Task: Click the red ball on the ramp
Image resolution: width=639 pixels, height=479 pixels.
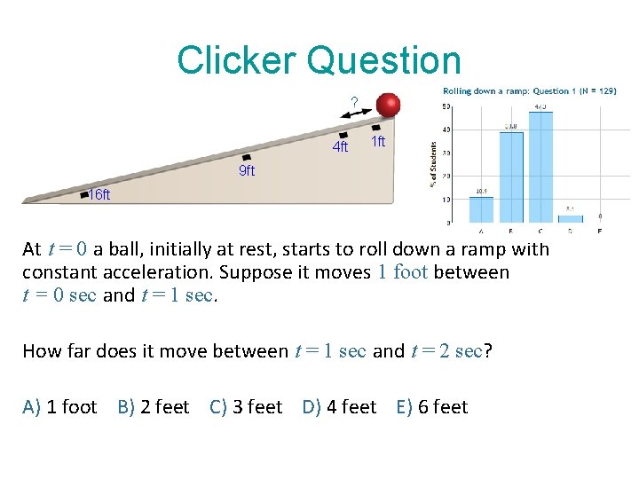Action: tap(388, 105)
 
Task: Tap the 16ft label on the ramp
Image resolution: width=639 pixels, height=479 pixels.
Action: tap(99, 195)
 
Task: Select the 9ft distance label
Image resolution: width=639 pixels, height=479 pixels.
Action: tap(247, 171)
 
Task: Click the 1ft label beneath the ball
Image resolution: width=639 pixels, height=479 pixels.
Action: tap(378, 142)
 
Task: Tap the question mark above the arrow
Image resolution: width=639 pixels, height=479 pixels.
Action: tap(354, 103)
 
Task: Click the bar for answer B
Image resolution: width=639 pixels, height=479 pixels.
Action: tap(511, 177)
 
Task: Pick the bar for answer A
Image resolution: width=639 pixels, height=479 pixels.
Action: tap(481, 209)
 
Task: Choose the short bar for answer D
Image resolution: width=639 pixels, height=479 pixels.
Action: tap(570, 216)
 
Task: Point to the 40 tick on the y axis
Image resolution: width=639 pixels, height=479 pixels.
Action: tap(446, 130)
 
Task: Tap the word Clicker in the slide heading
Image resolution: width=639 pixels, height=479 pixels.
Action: tap(236, 60)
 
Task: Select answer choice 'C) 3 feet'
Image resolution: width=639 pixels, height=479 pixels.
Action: tap(246, 407)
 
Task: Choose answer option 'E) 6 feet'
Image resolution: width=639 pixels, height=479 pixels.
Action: tap(432, 407)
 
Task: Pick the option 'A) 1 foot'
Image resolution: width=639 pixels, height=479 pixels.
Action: tap(59, 407)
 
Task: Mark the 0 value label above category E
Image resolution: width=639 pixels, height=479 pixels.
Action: tap(600, 216)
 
